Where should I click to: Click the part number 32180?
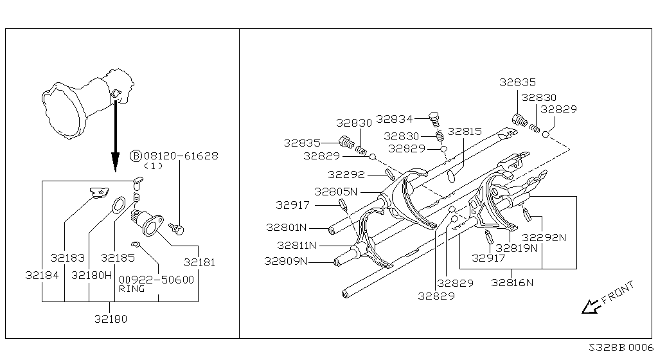coord(111,319)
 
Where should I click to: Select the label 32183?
coord(67,258)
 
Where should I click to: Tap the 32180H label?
coord(91,275)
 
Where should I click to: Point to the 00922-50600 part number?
coord(157,280)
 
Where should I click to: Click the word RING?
coord(132,289)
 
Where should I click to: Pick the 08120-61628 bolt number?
coord(181,156)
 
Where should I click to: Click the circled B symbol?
coord(136,156)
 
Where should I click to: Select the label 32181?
coord(199,263)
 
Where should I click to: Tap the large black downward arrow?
coord(116,135)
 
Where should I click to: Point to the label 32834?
coord(395,119)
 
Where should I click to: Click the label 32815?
coord(465,132)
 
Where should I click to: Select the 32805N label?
coord(335,192)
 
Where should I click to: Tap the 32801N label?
coord(287,228)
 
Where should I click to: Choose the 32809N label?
coord(285,262)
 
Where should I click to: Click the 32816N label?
coord(512,283)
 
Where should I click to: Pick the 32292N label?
coord(544,238)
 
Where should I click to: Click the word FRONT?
coord(618,292)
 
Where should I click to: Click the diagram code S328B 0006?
coord(621,348)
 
